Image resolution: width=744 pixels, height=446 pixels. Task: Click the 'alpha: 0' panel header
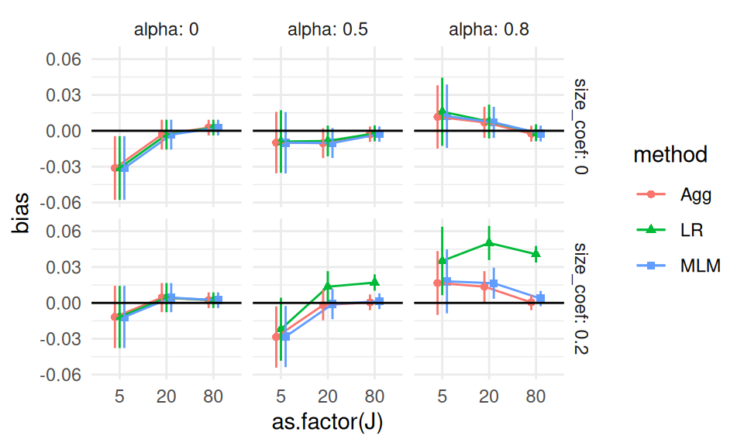165,31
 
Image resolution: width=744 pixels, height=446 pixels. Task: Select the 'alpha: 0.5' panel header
327,31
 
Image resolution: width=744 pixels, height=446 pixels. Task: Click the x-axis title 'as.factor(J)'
327,423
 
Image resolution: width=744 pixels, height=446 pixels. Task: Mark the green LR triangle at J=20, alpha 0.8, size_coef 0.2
489,242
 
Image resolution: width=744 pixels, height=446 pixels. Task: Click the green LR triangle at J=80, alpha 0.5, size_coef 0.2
374,283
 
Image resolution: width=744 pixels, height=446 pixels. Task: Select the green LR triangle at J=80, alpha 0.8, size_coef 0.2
536,253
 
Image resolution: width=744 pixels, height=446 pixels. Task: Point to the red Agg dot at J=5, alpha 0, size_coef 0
115,168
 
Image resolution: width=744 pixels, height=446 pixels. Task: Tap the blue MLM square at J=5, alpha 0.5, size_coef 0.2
285,336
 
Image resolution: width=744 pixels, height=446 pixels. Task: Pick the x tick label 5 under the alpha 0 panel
119,396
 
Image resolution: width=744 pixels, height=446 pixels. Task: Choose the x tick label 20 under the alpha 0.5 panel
327,396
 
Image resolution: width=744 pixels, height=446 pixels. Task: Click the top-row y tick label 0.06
65,60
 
